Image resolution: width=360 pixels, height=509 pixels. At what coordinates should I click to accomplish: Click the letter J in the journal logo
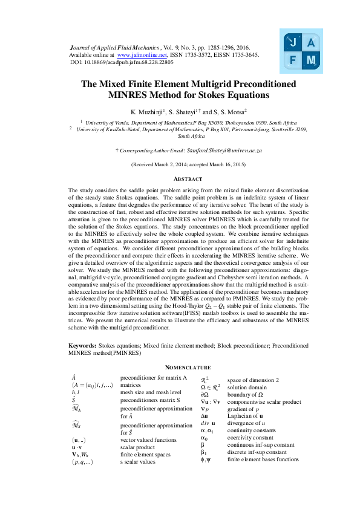coord(293,43)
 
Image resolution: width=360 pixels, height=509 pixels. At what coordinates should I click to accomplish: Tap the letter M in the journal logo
coord(311,60)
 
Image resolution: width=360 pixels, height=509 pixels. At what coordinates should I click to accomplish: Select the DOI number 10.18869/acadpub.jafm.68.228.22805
coord(129,62)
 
